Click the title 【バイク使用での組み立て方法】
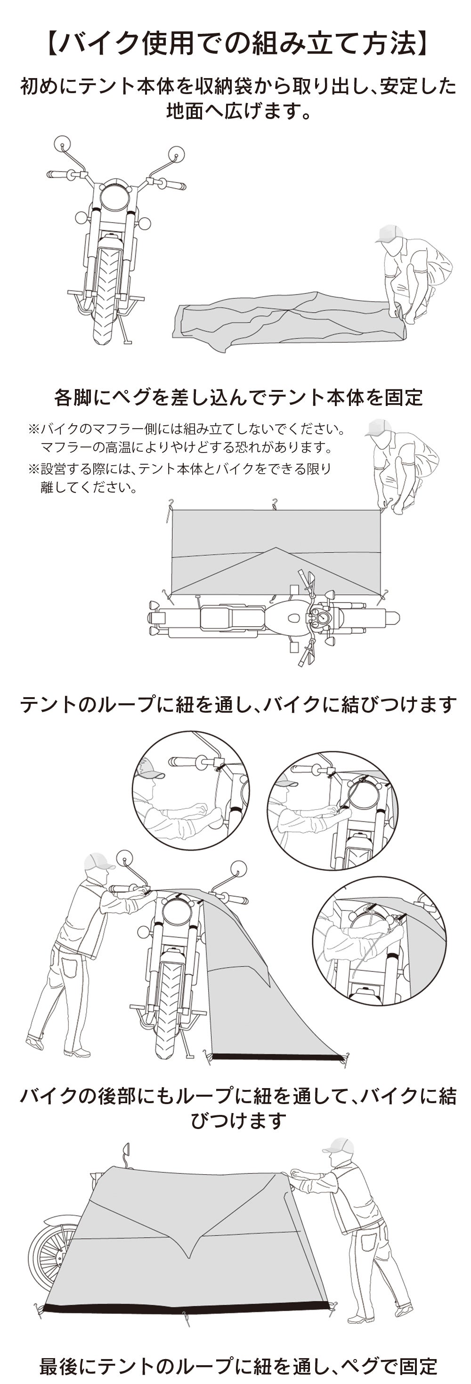(235, 43)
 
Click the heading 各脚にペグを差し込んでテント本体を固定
(238, 397)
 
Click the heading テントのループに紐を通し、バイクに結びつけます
(238, 704)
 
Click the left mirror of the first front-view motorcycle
(62, 143)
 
